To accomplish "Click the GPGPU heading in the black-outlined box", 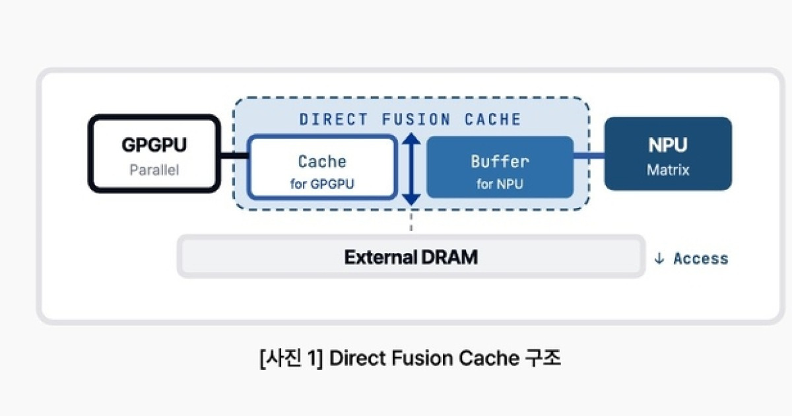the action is (154, 145).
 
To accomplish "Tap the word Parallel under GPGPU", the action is (154, 170).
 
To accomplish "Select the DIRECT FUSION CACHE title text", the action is (410, 120).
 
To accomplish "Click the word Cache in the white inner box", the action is (322, 162).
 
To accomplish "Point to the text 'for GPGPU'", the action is (322, 184).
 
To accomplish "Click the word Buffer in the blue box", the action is (500, 162).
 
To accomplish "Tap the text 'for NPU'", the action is (500, 184).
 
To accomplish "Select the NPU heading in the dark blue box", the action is (668, 145).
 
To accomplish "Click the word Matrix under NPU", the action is (668, 170).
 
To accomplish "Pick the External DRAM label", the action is (411, 257).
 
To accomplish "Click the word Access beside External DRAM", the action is (701, 259).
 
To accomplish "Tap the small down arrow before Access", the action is (659, 259).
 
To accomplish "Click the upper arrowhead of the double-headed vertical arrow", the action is (411, 139).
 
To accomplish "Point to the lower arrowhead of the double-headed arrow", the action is (411, 199).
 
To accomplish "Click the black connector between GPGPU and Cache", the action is (234, 156).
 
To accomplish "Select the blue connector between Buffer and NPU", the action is (589, 156).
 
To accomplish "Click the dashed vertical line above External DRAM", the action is (411, 221).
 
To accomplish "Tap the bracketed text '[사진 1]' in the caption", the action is (291, 358).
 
